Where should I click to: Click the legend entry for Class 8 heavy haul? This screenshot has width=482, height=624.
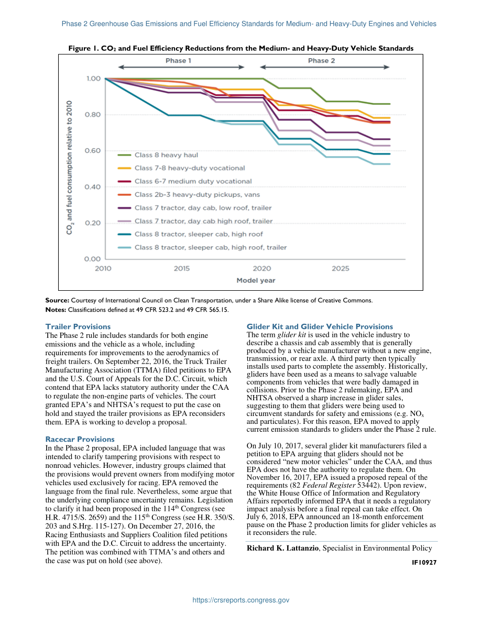(158, 155)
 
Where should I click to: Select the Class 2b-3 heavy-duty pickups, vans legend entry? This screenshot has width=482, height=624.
(189, 194)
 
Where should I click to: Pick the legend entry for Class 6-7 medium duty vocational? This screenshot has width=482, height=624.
(185, 181)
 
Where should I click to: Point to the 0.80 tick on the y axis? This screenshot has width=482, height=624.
(92, 115)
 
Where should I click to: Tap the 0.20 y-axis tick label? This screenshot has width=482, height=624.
(92, 223)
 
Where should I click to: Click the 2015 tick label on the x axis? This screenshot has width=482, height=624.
(182, 269)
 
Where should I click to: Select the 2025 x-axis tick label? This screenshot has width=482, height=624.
(341, 269)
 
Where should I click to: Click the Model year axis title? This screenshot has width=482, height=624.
(256, 280)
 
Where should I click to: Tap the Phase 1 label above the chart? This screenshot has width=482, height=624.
(178, 60)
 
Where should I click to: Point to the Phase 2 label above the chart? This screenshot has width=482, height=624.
(322, 60)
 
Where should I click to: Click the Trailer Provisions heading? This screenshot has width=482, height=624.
(78, 327)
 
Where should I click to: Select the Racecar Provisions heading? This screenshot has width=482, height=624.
(80, 440)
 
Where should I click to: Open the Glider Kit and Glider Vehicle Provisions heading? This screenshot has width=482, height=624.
(320, 327)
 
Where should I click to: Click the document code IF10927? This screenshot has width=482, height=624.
(424, 562)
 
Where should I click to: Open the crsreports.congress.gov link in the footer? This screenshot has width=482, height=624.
(241, 600)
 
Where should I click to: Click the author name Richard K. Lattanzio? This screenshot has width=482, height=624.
(282, 548)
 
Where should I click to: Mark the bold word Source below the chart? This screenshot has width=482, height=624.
(57, 300)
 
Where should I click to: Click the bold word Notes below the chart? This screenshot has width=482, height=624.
(56, 310)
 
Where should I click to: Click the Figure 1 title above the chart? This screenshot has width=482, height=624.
(241, 49)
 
